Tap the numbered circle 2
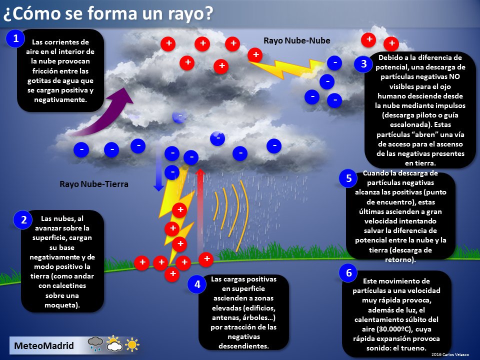click(x=23, y=219)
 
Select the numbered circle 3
click(x=363, y=64)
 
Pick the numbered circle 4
click(x=197, y=285)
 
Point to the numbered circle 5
click(x=348, y=178)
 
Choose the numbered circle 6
click(x=348, y=273)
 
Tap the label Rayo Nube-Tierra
click(x=94, y=184)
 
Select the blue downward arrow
click(x=158, y=170)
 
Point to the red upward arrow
click(x=200, y=210)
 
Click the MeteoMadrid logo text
click(x=44, y=345)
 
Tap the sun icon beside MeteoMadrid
click(x=132, y=345)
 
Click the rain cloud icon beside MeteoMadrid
click(x=95, y=344)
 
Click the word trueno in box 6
click(x=412, y=348)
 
